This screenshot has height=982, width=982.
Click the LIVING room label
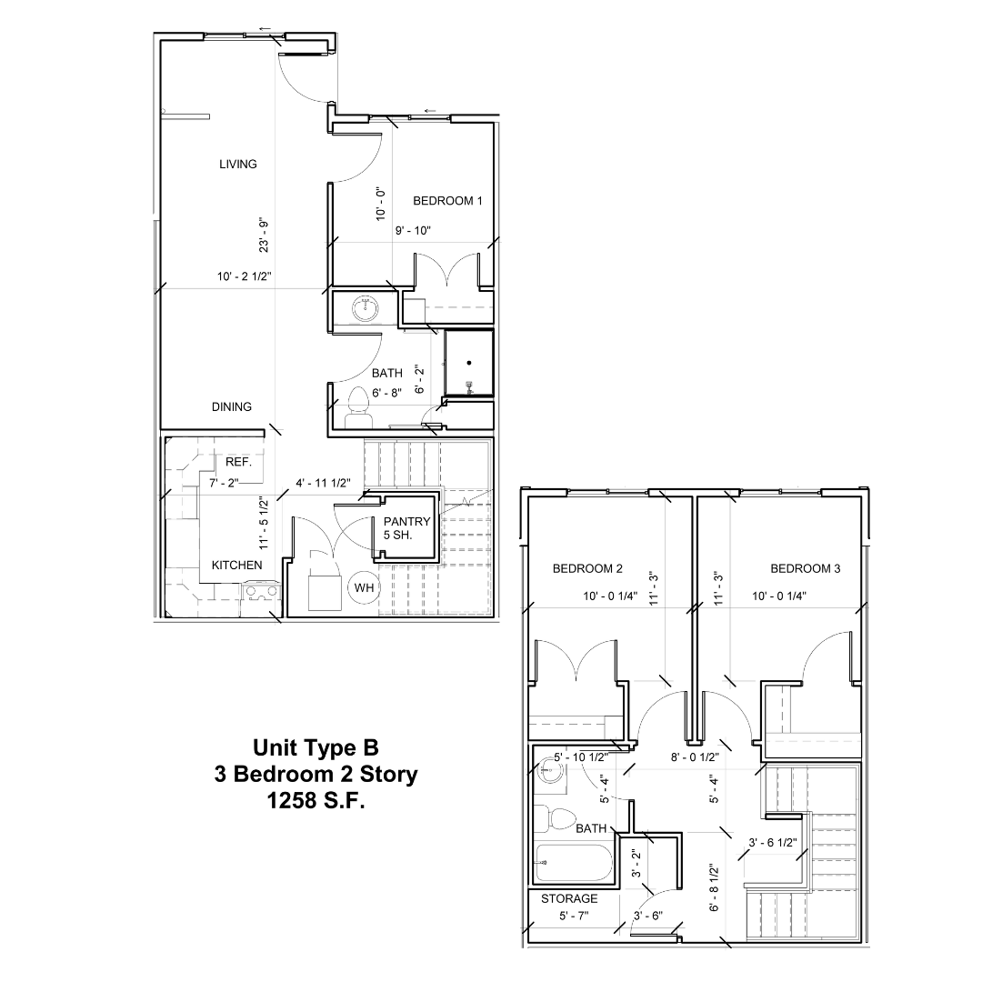(x=238, y=165)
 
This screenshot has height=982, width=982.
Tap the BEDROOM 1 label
(x=447, y=201)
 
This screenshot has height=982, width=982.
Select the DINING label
(x=232, y=406)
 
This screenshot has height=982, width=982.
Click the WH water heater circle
(x=364, y=587)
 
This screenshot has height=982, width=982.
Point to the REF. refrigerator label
(x=238, y=462)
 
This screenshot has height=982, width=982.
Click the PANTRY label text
(x=406, y=521)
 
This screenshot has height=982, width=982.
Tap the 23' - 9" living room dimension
(x=265, y=235)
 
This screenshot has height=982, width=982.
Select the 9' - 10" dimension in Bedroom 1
(x=413, y=231)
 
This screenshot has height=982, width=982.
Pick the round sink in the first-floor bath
(x=366, y=308)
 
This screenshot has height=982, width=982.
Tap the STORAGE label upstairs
(x=570, y=899)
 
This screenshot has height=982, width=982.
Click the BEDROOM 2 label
(x=587, y=569)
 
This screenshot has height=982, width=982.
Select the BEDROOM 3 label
(x=806, y=569)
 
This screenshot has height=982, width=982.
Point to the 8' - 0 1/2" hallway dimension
(x=696, y=757)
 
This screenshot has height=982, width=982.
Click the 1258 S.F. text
(x=316, y=802)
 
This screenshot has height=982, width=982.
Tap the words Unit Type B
(x=316, y=748)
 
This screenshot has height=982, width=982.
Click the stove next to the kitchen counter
(x=261, y=593)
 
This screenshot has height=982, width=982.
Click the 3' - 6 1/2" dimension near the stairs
(x=772, y=843)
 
